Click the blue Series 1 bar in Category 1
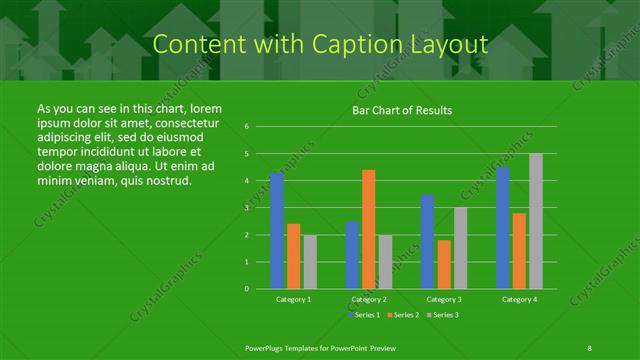point(277,231)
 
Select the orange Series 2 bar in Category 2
point(369,230)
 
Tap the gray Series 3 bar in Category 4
point(535,221)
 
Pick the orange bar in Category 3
point(444,264)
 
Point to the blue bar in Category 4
point(502,228)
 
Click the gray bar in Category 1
point(310,262)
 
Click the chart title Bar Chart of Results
point(402,110)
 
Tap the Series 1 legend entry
point(362,315)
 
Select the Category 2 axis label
point(369,299)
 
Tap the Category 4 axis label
point(518,299)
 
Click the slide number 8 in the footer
point(589,347)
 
